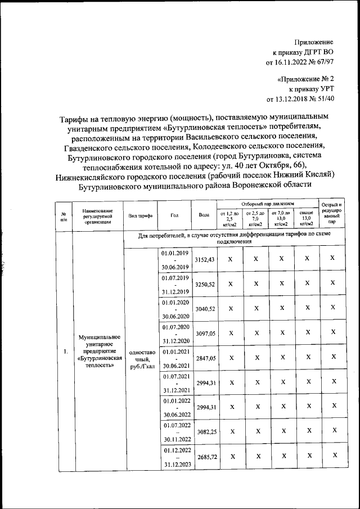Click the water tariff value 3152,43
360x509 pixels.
point(204,260)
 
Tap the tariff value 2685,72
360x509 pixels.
point(204,457)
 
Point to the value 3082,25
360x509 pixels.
point(204,430)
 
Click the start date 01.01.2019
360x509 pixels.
point(175,254)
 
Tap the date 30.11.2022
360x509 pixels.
point(175,440)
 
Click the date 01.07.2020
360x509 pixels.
point(175,327)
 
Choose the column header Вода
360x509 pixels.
point(204,215)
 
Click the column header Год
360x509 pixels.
point(174,215)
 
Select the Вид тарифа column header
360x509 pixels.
point(140,215)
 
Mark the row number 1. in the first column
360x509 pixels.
point(65,352)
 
